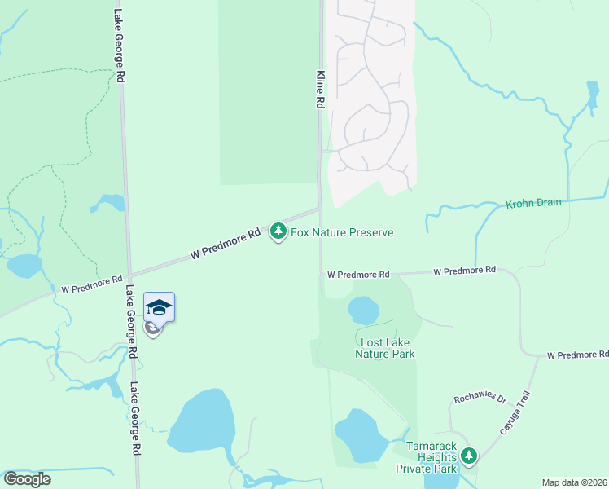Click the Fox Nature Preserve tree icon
pyautogui.click(x=278, y=232)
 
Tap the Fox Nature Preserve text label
pyautogui.click(x=342, y=233)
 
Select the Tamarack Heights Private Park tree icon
pyautogui.click(x=468, y=456)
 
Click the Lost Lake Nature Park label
pyautogui.click(x=386, y=348)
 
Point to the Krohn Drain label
pyautogui.click(x=533, y=203)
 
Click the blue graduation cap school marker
pyautogui.click(x=160, y=307)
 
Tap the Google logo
pyautogui.click(x=27, y=478)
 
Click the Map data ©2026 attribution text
pyautogui.click(x=574, y=482)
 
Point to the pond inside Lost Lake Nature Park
pyautogui.click(x=363, y=311)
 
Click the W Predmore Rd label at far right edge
pyautogui.click(x=577, y=355)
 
